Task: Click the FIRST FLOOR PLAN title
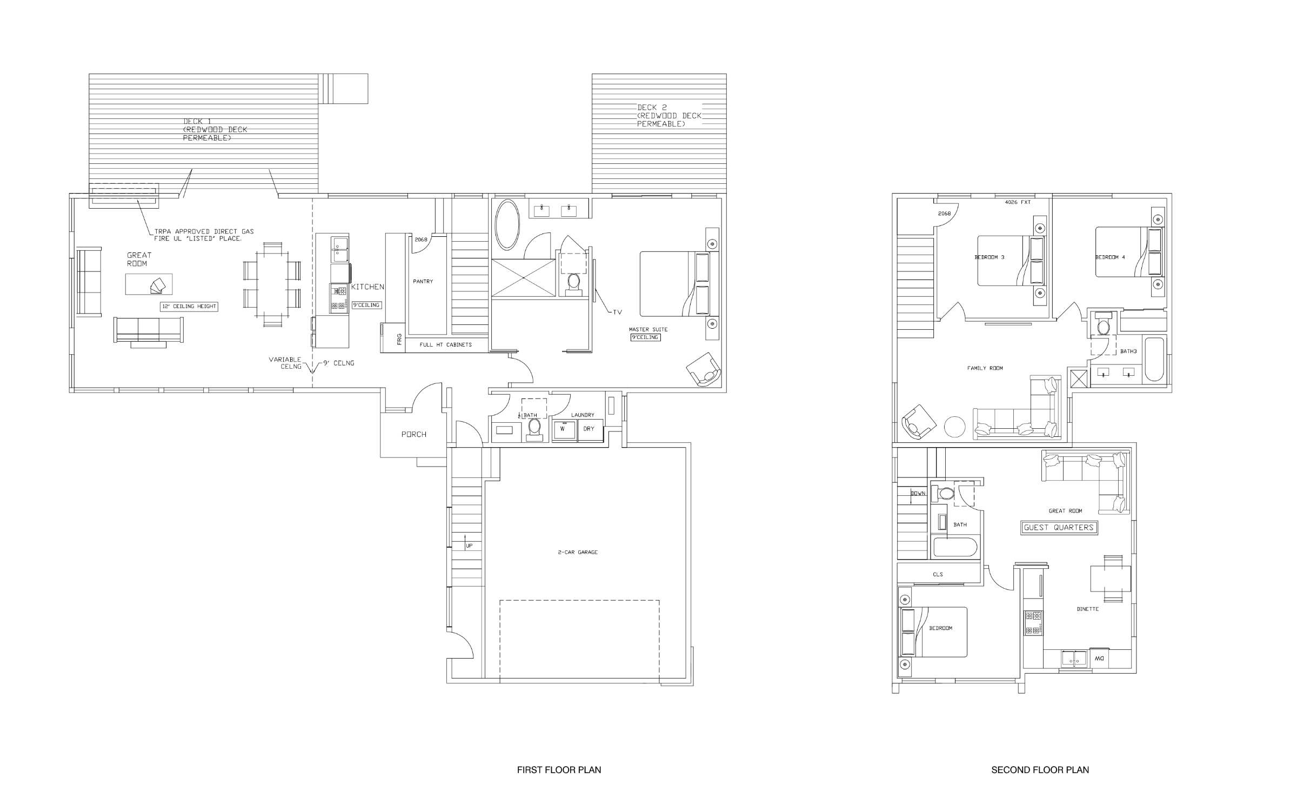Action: pyautogui.click(x=559, y=769)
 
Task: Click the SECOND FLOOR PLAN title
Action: pyautogui.click(x=1040, y=769)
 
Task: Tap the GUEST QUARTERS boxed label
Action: pyautogui.click(x=1059, y=528)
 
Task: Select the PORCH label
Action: pyautogui.click(x=413, y=434)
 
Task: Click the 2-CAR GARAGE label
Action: pyautogui.click(x=578, y=553)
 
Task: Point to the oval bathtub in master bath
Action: pyautogui.click(x=507, y=224)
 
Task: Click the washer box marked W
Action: pyautogui.click(x=563, y=429)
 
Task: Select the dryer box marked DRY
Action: pyautogui.click(x=589, y=429)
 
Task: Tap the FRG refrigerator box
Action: pyautogui.click(x=399, y=340)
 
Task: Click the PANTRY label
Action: pyautogui.click(x=423, y=282)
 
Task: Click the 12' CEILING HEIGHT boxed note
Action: pyautogui.click(x=189, y=307)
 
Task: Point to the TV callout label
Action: pyautogui.click(x=617, y=312)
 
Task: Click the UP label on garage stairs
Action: pyautogui.click(x=469, y=546)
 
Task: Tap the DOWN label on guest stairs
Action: pyautogui.click(x=918, y=493)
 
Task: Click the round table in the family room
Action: pyautogui.click(x=954, y=427)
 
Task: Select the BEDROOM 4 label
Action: pyautogui.click(x=1110, y=257)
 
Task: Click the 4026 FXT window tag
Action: pyautogui.click(x=1018, y=202)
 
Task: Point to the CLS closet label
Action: pyautogui.click(x=938, y=574)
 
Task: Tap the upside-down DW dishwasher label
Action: pyautogui.click(x=1099, y=659)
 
